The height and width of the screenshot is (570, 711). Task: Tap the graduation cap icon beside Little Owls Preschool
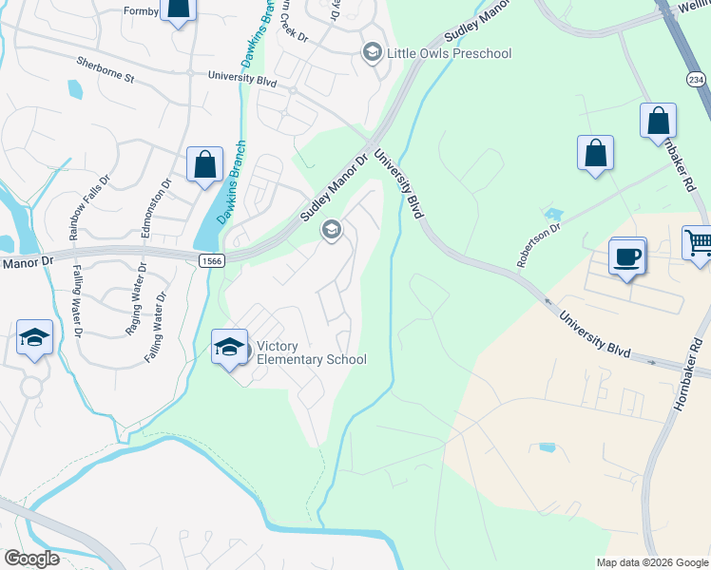coord(373,51)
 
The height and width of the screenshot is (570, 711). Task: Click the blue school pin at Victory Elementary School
coord(229,347)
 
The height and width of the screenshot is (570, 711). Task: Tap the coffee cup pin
coord(628,256)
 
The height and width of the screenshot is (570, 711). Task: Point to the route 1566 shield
coord(212,258)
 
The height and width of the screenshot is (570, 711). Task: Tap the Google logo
coord(31,559)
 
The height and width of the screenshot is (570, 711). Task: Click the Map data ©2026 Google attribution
coord(651,562)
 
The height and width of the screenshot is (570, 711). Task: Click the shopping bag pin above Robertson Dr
coord(595,153)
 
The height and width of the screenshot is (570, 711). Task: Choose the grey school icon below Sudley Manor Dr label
coord(332,229)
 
